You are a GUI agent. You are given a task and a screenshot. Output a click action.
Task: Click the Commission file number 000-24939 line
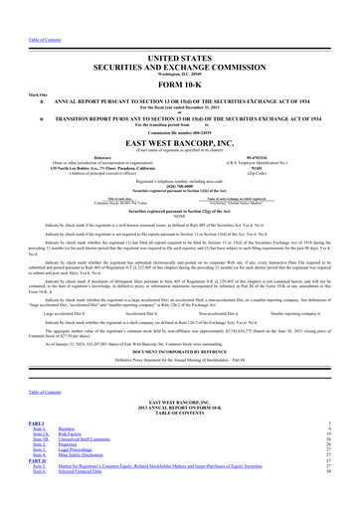179,107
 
